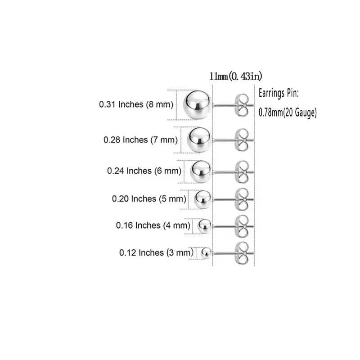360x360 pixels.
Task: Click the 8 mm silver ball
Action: pos(197,105)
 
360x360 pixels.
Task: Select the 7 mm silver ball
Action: pos(199,140)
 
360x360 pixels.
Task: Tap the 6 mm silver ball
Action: pos(201,171)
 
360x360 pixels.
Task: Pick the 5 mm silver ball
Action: pos(202,199)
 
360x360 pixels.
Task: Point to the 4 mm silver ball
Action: pos(204,226)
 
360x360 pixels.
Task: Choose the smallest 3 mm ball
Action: pos(206,253)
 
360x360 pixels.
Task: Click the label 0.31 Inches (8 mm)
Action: pos(136,104)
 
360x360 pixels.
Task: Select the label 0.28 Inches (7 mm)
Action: pos(140,140)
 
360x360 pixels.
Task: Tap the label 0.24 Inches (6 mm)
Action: pos(144,171)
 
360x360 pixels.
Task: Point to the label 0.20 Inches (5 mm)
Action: pos(149,199)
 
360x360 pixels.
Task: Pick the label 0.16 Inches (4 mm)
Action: pos(153,225)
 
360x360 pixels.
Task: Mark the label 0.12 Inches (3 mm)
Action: pos(156,253)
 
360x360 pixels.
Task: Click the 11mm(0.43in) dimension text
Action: pos(235,76)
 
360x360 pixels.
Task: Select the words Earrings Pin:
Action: pos(279,94)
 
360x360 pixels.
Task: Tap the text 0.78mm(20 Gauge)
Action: pos(288,113)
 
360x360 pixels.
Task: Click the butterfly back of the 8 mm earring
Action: pos(242,105)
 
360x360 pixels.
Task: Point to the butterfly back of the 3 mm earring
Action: pos(242,253)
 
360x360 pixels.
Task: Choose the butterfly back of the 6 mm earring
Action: pos(242,172)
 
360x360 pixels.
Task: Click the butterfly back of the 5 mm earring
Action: pos(242,199)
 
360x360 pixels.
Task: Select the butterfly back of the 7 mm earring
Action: pos(242,140)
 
